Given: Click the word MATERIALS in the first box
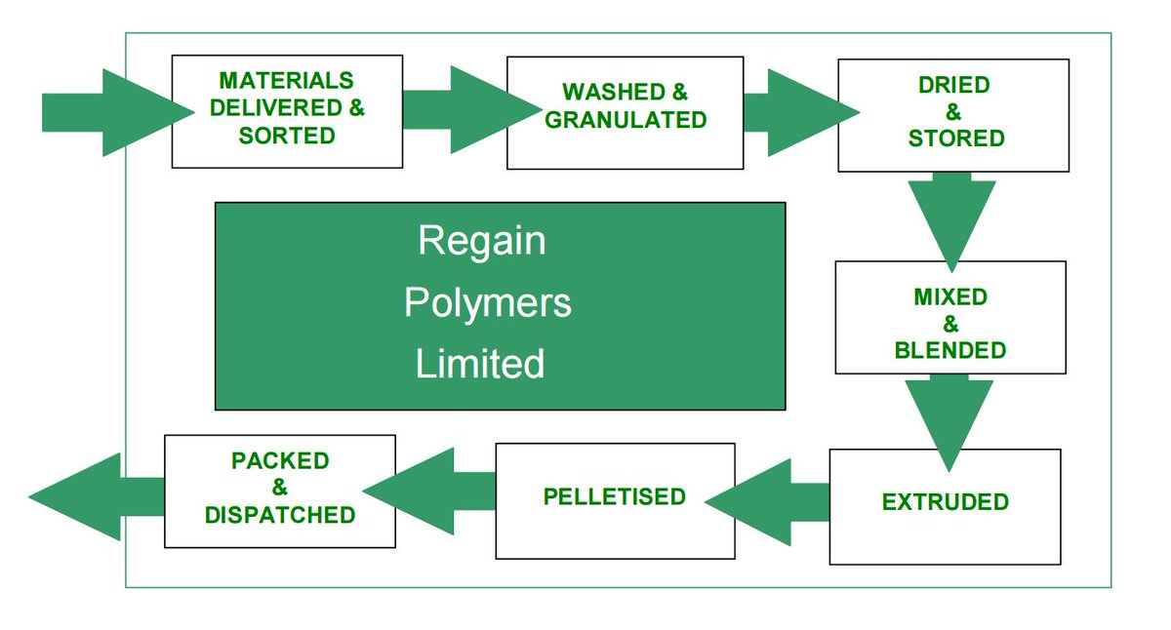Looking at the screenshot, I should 286,80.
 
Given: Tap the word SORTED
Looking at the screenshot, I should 287,136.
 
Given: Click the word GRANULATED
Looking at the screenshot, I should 626,120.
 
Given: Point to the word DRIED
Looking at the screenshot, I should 953,85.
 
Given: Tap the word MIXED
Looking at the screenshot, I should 949,296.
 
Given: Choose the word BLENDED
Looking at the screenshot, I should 949,349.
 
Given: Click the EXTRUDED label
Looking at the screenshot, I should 945,503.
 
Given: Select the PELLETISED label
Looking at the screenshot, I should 614,496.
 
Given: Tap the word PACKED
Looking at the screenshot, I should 280,460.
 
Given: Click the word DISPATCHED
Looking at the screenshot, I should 280,514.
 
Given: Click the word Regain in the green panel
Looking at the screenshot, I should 481,241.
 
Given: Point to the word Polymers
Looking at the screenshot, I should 487,302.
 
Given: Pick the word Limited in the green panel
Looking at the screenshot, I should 479,364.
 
